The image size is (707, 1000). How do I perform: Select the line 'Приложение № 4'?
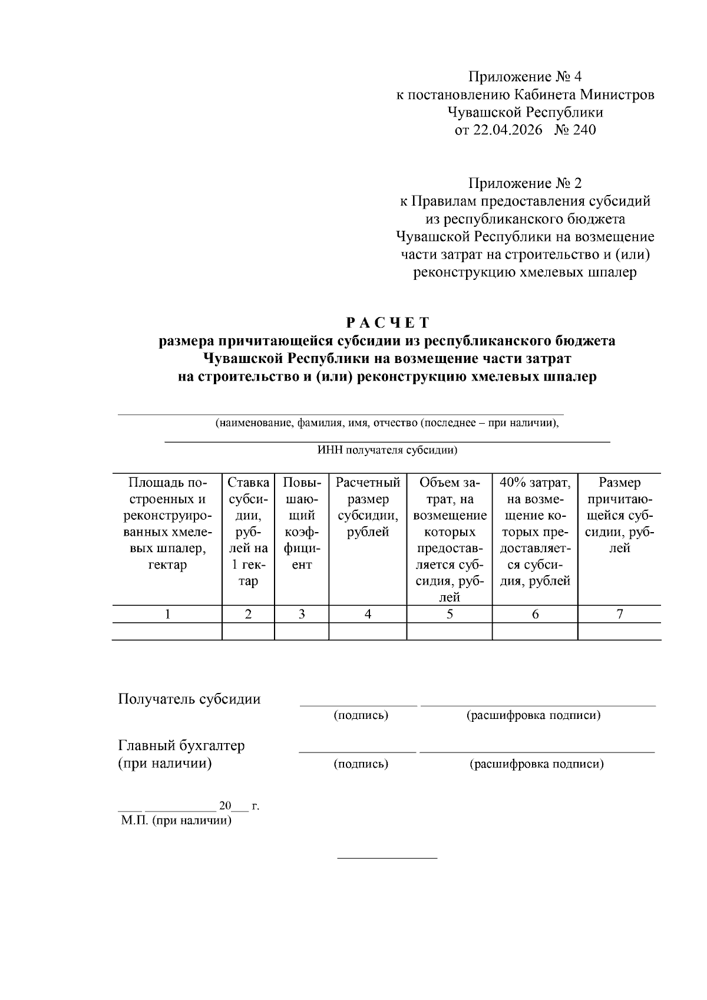pos(524,77)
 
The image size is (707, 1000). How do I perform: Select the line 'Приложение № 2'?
pos(524,183)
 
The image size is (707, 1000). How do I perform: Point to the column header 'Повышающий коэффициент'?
pos(302,523)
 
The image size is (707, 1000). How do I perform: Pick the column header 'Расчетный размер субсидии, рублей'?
pos(368,507)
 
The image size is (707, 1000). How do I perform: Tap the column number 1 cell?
pos(167,614)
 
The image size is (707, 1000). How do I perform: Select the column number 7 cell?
pos(619,614)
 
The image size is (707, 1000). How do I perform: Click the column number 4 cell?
pos(368,614)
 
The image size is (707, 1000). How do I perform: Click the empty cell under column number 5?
pos(450,631)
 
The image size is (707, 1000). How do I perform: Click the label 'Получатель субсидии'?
pos(189,699)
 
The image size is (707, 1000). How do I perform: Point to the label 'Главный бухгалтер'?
pos(181,745)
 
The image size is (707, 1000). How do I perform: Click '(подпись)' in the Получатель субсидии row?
pos(361,715)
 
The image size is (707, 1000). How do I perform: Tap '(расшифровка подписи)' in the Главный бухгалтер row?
pos(536,764)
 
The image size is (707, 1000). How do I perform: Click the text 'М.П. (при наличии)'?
pos(176,820)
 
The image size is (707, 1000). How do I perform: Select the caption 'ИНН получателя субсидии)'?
pos(387,451)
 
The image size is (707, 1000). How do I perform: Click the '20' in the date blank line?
pos(226,806)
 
